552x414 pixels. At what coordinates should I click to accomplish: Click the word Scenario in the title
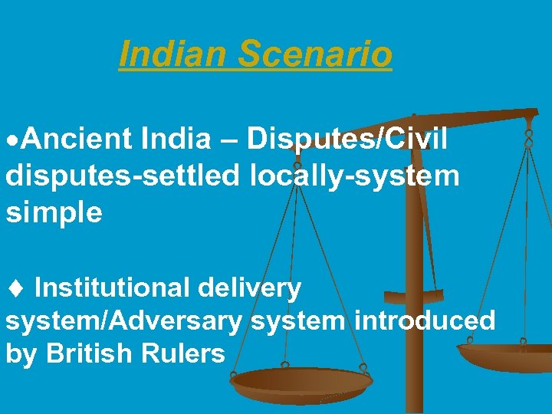[x=315, y=54]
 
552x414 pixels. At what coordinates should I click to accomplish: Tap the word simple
[x=54, y=212]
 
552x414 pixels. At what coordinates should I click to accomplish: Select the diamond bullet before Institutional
[x=15, y=288]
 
